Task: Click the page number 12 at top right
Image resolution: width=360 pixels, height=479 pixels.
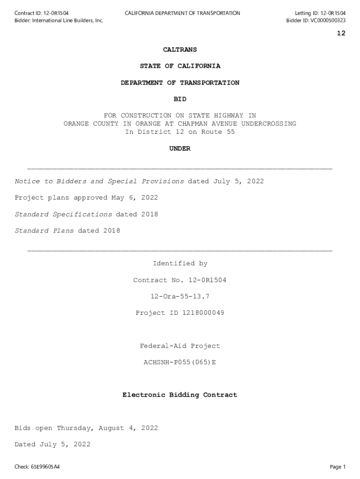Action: [341, 33]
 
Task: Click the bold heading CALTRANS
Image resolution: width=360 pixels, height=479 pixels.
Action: [180, 50]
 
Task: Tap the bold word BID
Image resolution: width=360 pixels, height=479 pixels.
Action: [180, 99]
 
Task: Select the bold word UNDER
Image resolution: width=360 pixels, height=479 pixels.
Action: [180, 149]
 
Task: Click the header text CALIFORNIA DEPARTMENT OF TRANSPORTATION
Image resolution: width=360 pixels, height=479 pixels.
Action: [182, 13]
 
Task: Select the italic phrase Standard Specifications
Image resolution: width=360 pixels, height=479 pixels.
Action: [64, 214]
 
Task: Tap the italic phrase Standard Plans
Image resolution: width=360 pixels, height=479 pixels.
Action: [44, 231]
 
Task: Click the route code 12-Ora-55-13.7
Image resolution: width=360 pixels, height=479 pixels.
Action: [180, 297]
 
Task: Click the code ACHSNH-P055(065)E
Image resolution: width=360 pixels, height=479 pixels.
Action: [180, 362]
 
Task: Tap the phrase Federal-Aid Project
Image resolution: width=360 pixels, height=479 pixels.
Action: [180, 346]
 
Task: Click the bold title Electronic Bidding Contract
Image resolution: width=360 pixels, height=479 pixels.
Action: [180, 395]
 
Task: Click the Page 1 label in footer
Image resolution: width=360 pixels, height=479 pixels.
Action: [338, 467]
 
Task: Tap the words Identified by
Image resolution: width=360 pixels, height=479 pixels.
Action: [180, 264]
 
